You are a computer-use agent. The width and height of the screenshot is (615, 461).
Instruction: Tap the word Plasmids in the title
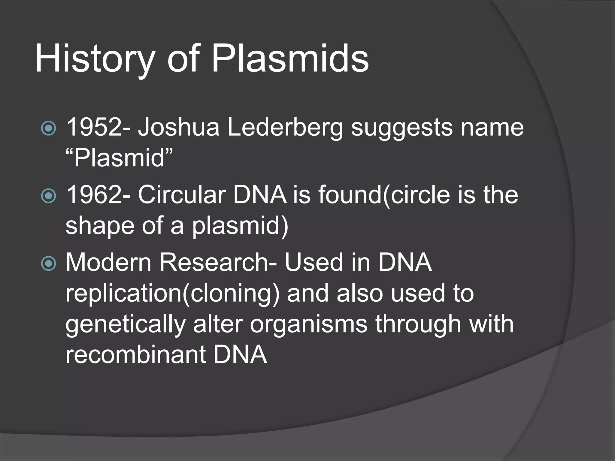[x=290, y=59]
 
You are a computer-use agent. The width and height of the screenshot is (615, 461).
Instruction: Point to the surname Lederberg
[x=285, y=128]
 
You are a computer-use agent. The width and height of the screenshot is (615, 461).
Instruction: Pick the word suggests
[x=401, y=128]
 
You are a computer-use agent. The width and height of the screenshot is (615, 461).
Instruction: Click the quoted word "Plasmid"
[x=119, y=158]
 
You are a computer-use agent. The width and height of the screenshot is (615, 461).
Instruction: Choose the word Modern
[x=108, y=262]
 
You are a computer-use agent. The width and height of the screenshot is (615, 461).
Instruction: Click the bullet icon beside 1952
[x=48, y=128]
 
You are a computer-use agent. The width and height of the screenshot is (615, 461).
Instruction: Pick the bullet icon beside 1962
[x=48, y=196]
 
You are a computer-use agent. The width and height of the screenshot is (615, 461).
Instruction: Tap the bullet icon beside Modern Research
[x=48, y=264]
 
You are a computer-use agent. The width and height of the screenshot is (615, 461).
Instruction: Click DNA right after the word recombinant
[x=240, y=354]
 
